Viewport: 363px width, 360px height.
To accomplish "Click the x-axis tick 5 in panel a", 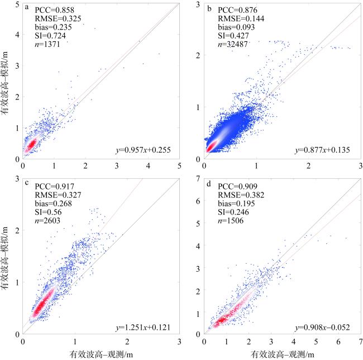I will click(x=180, y=166).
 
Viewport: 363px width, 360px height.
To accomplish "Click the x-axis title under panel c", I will click(x=101, y=353).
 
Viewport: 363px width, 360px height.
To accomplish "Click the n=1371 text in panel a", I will click(x=47, y=42).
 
